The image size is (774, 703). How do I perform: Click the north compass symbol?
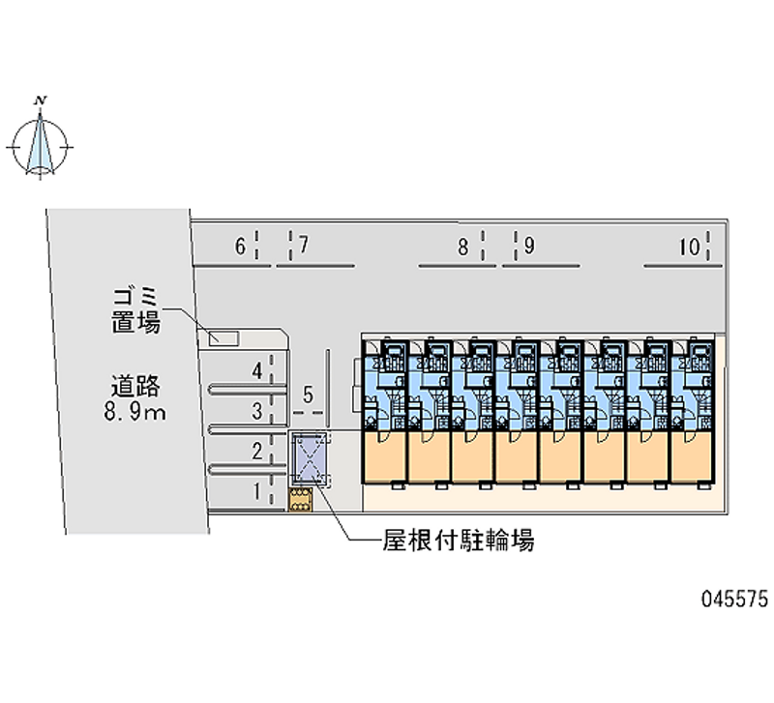[40, 147]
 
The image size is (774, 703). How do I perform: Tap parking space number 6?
[240, 247]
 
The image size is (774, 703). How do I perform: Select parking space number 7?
[303, 245]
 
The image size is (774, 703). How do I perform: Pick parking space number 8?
[462, 247]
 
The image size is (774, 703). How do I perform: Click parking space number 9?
[529, 246]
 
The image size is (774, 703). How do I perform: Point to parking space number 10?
[690, 247]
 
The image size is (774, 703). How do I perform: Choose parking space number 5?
[308, 395]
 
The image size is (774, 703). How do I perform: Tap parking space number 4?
[256, 371]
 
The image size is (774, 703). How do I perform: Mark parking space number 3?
[256, 411]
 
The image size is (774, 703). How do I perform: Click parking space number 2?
[256, 452]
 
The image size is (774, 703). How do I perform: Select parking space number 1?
[256, 491]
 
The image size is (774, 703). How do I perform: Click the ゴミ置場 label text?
[135, 310]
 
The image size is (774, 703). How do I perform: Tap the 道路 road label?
[135, 386]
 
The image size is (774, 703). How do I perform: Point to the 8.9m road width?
[134, 411]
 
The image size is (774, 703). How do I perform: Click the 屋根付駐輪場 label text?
[459, 541]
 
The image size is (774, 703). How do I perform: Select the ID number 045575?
[735, 599]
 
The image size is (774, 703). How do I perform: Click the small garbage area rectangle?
[223, 338]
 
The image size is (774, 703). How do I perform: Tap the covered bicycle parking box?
[309, 458]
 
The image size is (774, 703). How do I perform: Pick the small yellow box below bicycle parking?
[301, 500]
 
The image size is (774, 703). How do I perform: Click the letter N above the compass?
[41, 102]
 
